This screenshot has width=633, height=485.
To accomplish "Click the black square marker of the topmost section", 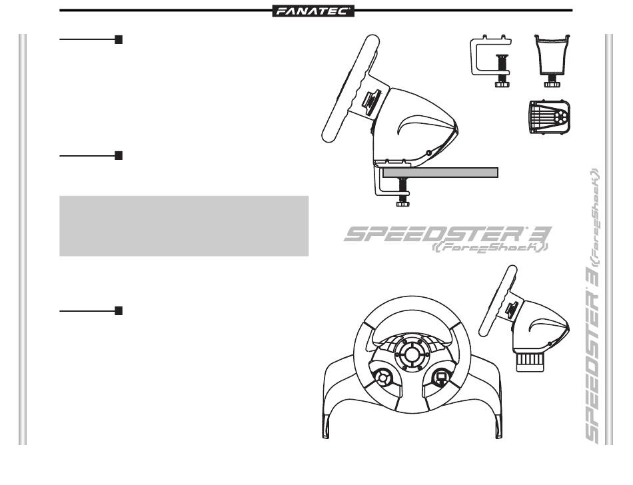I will [x=119, y=40].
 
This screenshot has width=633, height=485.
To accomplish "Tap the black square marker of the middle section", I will [x=119, y=155].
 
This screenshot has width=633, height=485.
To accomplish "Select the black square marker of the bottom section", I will [x=119, y=310].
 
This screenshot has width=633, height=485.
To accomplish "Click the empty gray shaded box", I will [x=184, y=226].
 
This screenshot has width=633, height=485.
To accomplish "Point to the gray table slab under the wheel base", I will [x=440, y=173].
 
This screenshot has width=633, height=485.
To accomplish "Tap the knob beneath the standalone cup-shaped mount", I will [x=552, y=83].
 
